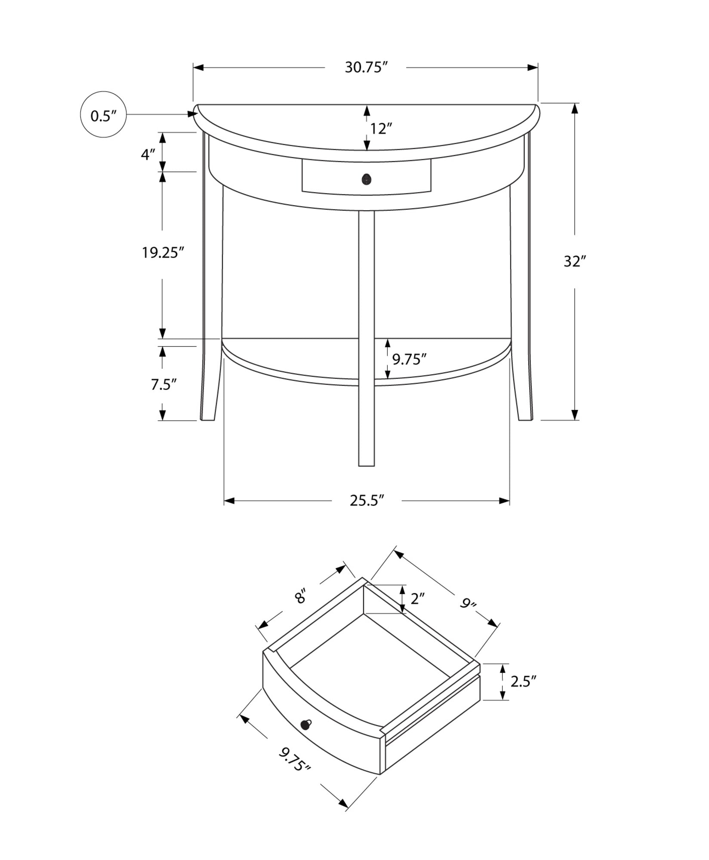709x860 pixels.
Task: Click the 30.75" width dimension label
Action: coord(366,68)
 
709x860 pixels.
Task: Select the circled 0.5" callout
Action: coord(103,115)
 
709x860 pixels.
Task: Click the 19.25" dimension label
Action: coord(163,253)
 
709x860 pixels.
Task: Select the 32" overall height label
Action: coord(575,261)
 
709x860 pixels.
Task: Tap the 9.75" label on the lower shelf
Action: coord(409,359)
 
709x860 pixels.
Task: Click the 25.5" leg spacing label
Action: coord(366,501)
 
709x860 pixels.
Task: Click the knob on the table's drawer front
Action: coord(366,179)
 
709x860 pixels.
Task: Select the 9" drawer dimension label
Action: coord(469,604)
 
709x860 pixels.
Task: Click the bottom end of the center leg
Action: coord(366,464)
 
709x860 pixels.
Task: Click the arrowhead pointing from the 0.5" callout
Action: coord(192,114)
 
